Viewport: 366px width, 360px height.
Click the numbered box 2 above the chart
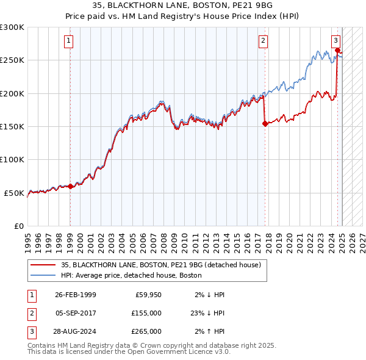click(x=263, y=41)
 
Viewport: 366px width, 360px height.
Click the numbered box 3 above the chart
click(x=336, y=41)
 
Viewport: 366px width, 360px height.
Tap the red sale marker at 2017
click(x=265, y=123)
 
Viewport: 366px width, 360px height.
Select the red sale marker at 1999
click(x=70, y=186)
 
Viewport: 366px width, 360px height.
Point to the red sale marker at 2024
click(x=338, y=51)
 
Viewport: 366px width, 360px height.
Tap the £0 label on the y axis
click(x=18, y=226)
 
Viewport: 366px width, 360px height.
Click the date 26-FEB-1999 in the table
click(x=76, y=295)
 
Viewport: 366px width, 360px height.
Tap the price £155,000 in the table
click(x=146, y=313)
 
